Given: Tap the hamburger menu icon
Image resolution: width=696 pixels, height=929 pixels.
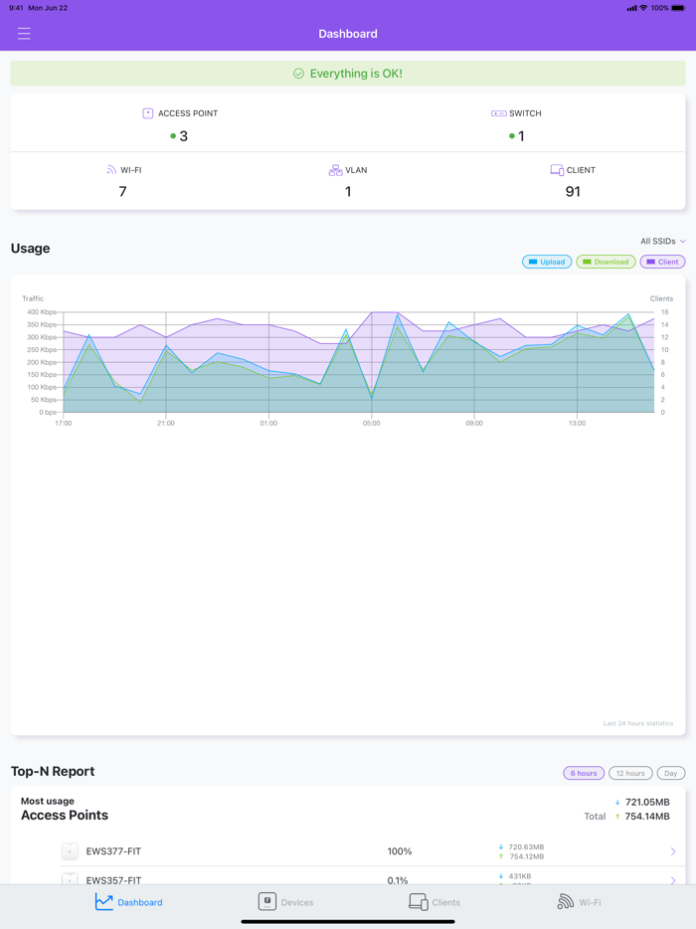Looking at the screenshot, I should tap(24, 34).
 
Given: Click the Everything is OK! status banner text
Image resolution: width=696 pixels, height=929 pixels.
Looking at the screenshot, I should tap(355, 74).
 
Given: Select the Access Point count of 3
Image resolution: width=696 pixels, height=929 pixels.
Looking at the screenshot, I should tap(183, 136).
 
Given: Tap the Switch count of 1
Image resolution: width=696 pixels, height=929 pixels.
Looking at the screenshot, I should tap(521, 136).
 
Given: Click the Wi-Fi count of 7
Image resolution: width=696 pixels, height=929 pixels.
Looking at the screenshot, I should tap(122, 191).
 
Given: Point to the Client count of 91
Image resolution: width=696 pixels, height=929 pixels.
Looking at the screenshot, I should tap(573, 191).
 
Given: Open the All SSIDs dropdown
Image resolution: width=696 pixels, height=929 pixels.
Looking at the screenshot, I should tap(662, 241).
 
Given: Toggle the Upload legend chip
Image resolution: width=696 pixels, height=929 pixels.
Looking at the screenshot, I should tap(547, 262).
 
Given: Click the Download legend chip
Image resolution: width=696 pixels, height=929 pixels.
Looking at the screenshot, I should tap(606, 262).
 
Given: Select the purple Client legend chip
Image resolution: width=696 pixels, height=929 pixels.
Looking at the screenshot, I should tap(662, 262).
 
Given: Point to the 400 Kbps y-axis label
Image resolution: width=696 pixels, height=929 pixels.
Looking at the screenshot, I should tap(41, 312).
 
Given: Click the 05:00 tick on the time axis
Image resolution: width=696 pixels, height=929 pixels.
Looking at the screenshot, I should tap(371, 423).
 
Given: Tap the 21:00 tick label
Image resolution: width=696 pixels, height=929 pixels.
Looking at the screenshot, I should tap(166, 423).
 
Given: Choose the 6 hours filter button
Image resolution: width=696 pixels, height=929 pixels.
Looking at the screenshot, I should tap(584, 773).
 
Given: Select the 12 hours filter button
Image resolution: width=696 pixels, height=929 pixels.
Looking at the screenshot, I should tap(630, 773).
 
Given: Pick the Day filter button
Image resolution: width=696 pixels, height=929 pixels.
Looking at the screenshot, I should tap(671, 773).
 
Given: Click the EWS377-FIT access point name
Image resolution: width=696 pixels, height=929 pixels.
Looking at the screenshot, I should tap(113, 851).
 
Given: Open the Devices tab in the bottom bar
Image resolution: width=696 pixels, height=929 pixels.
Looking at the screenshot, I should tap(285, 901).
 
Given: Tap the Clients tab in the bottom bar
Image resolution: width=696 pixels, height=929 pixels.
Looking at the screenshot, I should tap(435, 901).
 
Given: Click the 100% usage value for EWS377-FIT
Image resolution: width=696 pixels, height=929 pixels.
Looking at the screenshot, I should tap(400, 851).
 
